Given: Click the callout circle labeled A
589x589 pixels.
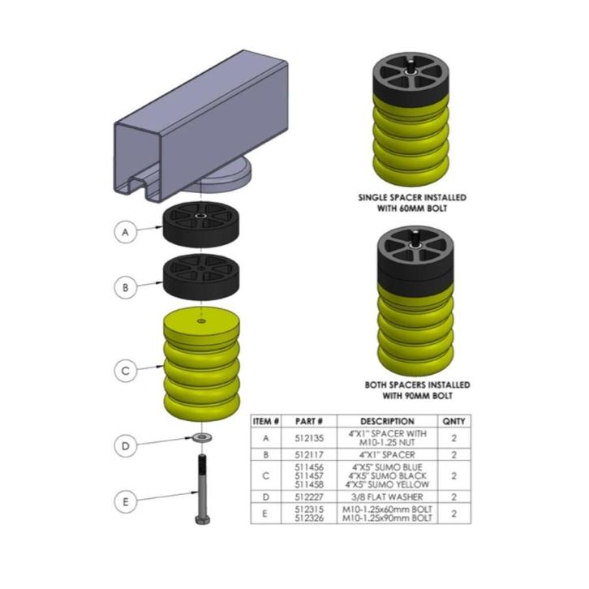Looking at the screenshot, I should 125,233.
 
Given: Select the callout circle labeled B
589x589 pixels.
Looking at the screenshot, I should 125,286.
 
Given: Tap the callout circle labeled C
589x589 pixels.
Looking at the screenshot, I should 125,372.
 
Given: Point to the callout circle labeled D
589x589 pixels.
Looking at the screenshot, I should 125,445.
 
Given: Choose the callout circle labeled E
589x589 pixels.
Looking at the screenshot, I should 125,502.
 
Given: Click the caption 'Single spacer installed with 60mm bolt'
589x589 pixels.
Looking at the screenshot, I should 412,202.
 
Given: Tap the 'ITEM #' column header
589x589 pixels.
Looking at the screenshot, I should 267,422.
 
